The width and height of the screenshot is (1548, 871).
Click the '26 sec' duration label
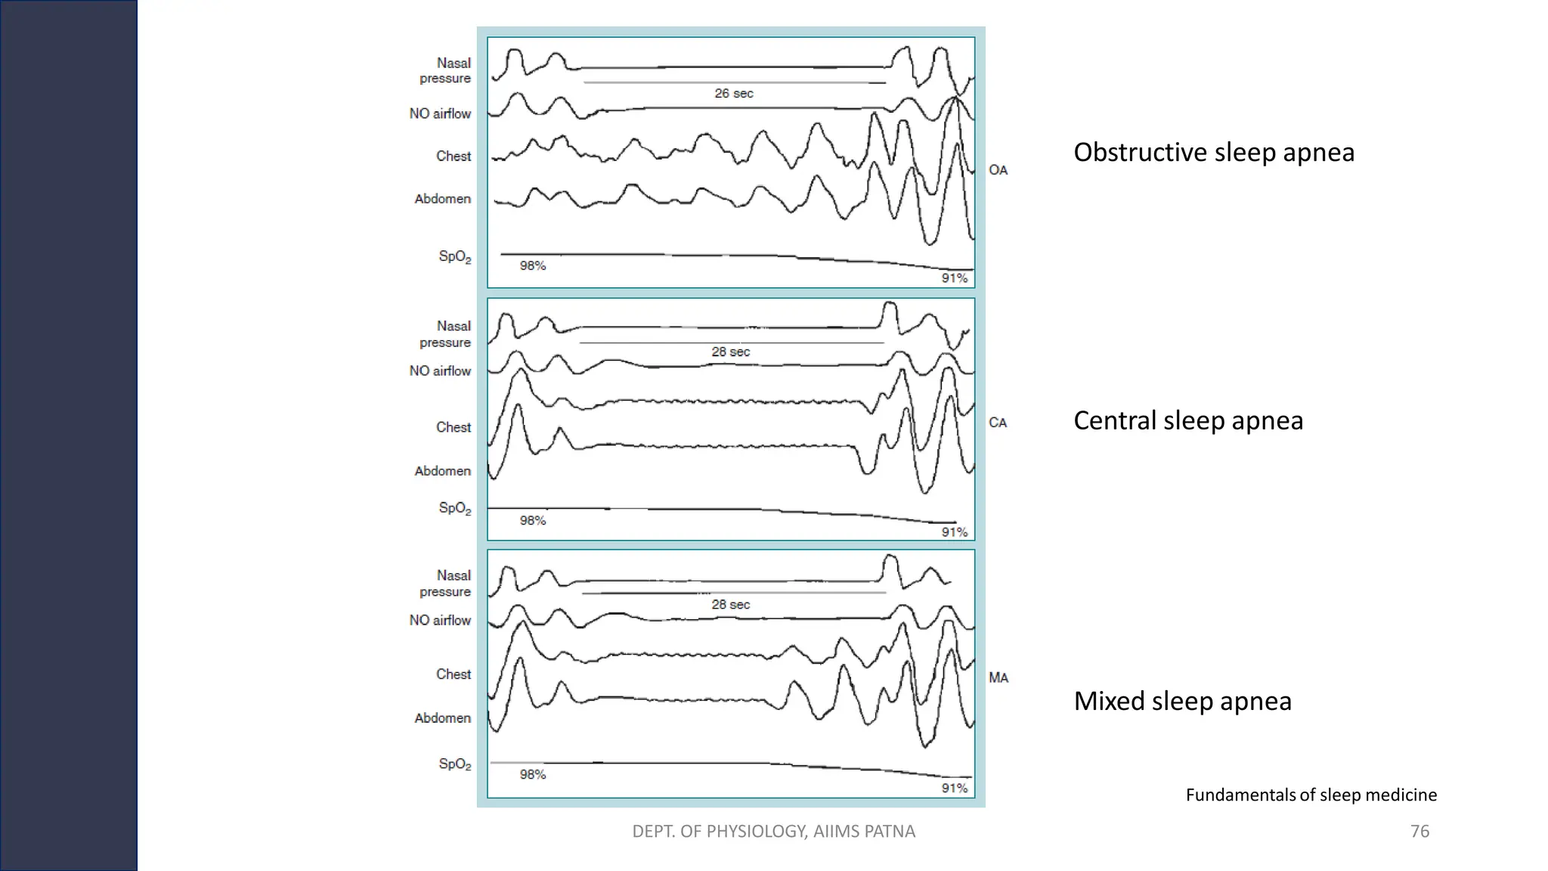click(734, 94)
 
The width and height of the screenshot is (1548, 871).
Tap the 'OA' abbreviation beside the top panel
click(998, 170)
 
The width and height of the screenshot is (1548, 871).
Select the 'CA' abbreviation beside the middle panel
click(998, 423)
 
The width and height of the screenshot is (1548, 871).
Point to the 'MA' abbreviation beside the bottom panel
click(998, 678)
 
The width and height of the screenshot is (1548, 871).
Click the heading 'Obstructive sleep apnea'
click(1213, 153)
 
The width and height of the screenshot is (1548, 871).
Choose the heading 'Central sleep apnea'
click(1187, 421)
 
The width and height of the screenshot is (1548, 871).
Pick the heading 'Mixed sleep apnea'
click(1182, 702)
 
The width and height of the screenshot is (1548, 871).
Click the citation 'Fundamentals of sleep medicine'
click(1311, 795)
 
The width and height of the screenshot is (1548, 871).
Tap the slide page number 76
click(1420, 832)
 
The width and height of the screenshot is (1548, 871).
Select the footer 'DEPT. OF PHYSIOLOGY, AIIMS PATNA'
click(773, 832)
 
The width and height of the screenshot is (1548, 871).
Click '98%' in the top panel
click(532, 266)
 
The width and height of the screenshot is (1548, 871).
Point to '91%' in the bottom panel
click(954, 789)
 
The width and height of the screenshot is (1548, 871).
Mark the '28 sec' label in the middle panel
click(730, 352)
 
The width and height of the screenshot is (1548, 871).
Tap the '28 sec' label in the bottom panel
click(730, 605)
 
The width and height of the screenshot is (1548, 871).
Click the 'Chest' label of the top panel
click(453, 157)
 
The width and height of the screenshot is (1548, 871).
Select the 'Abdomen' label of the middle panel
click(442, 471)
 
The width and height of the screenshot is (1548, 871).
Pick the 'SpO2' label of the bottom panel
click(454, 764)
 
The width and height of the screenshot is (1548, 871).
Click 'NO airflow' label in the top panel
click(440, 114)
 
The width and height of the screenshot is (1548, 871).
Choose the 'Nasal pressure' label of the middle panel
click(446, 334)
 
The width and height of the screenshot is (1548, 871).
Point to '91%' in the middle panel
click(954, 532)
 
